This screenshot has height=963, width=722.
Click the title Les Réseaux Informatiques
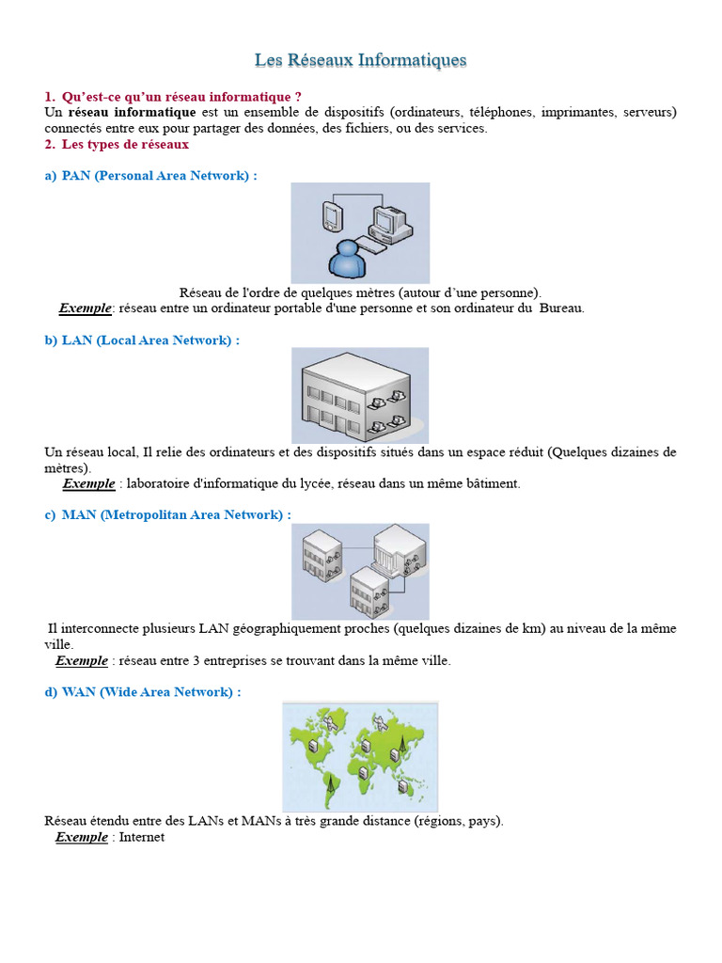click(360, 60)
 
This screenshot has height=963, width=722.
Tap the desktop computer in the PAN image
click(388, 224)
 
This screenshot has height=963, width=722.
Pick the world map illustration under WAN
click(360, 757)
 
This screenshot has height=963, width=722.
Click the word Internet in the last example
click(142, 837)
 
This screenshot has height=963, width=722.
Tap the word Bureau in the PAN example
click(561, 308)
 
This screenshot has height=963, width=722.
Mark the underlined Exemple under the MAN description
click(82, 660)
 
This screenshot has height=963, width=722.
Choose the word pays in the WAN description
click(483, 821)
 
